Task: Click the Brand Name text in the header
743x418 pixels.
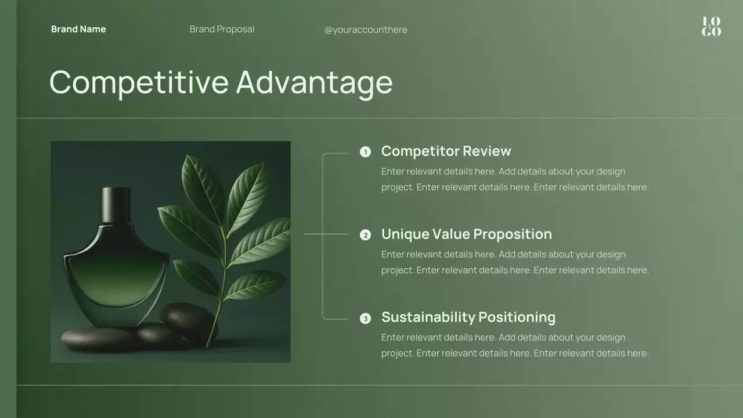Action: [x=78, y=29]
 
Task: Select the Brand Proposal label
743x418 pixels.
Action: [x=222, y=29]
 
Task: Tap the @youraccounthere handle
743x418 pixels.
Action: [x=366, y=30]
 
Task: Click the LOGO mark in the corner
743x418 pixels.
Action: [x=711, y=27]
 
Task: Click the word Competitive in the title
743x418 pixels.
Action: [x=139, y=82]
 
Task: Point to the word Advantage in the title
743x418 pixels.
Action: [x=314, y=82]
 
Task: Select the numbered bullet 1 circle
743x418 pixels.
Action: [x=365, y=152]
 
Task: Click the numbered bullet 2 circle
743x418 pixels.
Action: [x=365, y=235]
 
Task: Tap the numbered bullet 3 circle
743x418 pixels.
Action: [x=365, y=318]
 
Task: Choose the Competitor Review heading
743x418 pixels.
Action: [x=446, y=151]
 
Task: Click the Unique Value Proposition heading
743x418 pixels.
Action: [x=466, y=234]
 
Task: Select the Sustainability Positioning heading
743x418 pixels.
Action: [x=468, y=317]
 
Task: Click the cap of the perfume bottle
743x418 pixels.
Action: [x=116, y=204]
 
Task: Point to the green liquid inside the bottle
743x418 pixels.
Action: [x=117, y=279]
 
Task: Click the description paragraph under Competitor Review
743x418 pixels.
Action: [x=514, y=179]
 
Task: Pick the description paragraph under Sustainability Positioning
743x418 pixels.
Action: [x=514, y=345]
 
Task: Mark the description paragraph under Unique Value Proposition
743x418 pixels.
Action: [x=514, y=262]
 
